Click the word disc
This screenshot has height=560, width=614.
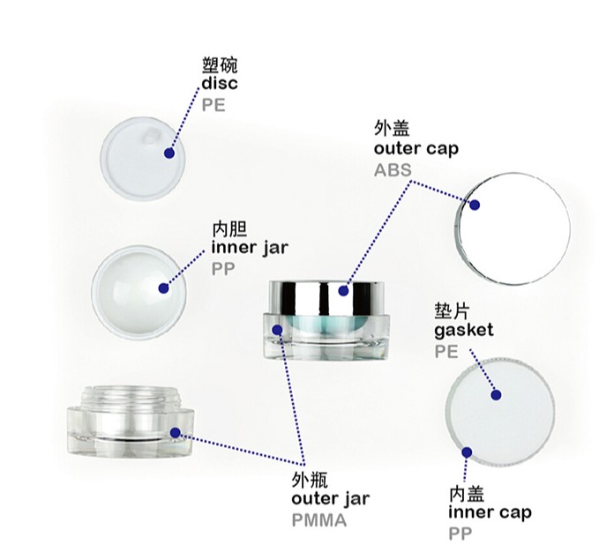click(220, 83)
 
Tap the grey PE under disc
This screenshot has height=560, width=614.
click(213, 105)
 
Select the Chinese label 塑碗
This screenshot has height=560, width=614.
click(220, 65)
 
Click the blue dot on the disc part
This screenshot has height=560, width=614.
click(169, 153)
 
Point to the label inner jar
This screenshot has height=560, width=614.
click(250, 248)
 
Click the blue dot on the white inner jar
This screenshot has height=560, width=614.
click(164, 288)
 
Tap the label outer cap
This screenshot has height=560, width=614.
click(416, 149)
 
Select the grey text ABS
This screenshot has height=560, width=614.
click(393, 170)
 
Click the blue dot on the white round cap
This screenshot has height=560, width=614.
click(475, 205)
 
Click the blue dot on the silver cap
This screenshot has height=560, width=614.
click(343, 290)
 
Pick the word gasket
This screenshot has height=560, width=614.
click(464, 331)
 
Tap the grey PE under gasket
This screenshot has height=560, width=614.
click(446, 351)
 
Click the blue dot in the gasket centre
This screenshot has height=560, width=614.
click(496, 395)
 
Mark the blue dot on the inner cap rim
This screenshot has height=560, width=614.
click(467, 452)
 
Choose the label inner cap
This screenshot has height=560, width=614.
click(490, 511)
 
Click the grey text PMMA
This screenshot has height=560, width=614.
click(319, 520)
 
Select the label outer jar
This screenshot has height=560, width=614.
click(331, 498)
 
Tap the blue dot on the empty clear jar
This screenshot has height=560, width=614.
click(175, 433)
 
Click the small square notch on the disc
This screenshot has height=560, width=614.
click(151, 136)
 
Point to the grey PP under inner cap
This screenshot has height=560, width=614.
click(460, 534)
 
